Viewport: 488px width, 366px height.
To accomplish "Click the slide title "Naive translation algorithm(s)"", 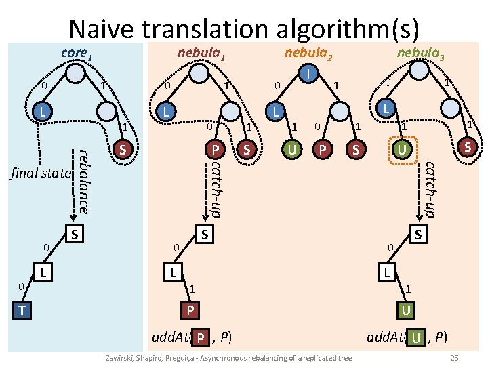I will click(244, 28).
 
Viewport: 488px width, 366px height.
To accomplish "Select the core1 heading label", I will click(75, 53).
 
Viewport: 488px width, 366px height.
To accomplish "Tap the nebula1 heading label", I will click(201, 53).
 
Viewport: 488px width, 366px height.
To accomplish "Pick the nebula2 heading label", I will click(308, 53).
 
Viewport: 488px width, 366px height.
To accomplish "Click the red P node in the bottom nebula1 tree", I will click(190, 310).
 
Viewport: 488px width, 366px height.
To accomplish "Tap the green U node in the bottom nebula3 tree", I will click(405, 310).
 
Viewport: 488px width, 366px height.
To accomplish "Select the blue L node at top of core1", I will click(42, 110).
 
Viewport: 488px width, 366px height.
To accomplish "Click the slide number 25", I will click(455, 357).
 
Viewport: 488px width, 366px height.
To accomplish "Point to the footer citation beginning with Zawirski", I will click(226, 358).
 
